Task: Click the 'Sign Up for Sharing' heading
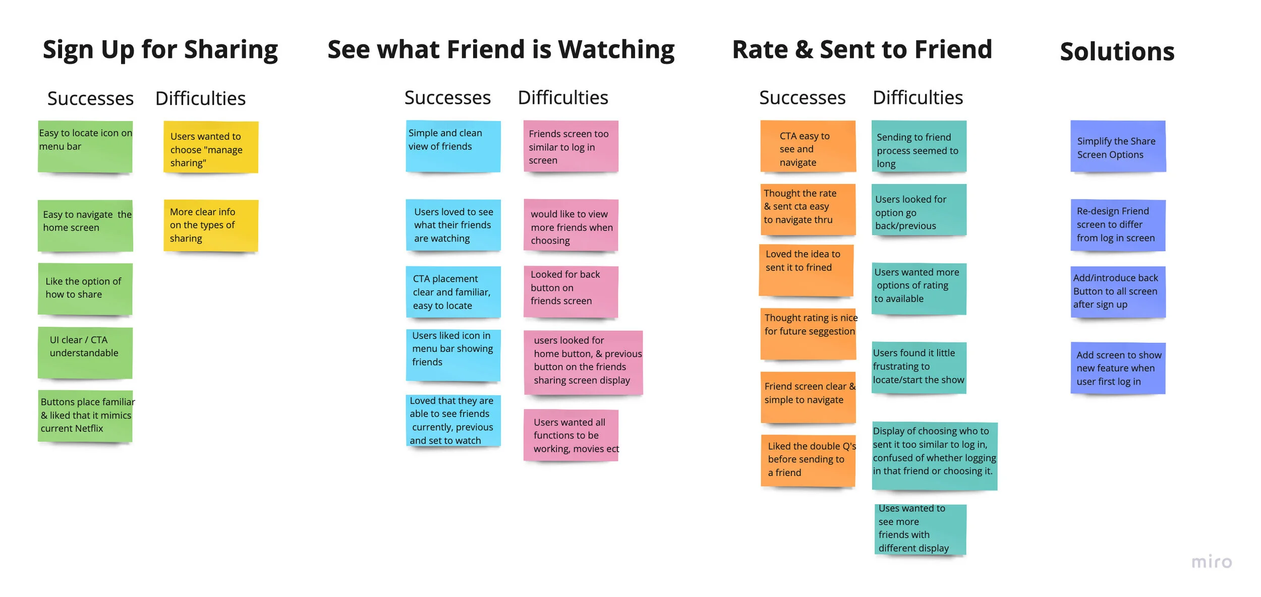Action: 160,50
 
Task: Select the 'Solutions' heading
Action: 1117,52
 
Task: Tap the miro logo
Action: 1211,562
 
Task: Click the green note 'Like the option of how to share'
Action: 85,289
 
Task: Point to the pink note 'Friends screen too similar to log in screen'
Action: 570,146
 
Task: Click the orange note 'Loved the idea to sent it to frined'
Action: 806,270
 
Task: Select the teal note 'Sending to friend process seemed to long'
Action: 919,146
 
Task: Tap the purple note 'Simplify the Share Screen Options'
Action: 1118,146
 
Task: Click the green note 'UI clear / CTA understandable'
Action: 85,352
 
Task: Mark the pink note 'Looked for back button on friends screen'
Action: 570,291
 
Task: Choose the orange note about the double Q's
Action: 808,460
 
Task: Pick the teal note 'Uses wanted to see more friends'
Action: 920,529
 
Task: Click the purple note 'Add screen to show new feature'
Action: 1118,368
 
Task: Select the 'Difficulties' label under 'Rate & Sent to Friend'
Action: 918,98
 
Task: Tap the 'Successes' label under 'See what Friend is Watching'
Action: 447,98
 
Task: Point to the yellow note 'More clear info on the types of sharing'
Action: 211,225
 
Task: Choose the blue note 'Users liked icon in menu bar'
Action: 453,355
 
